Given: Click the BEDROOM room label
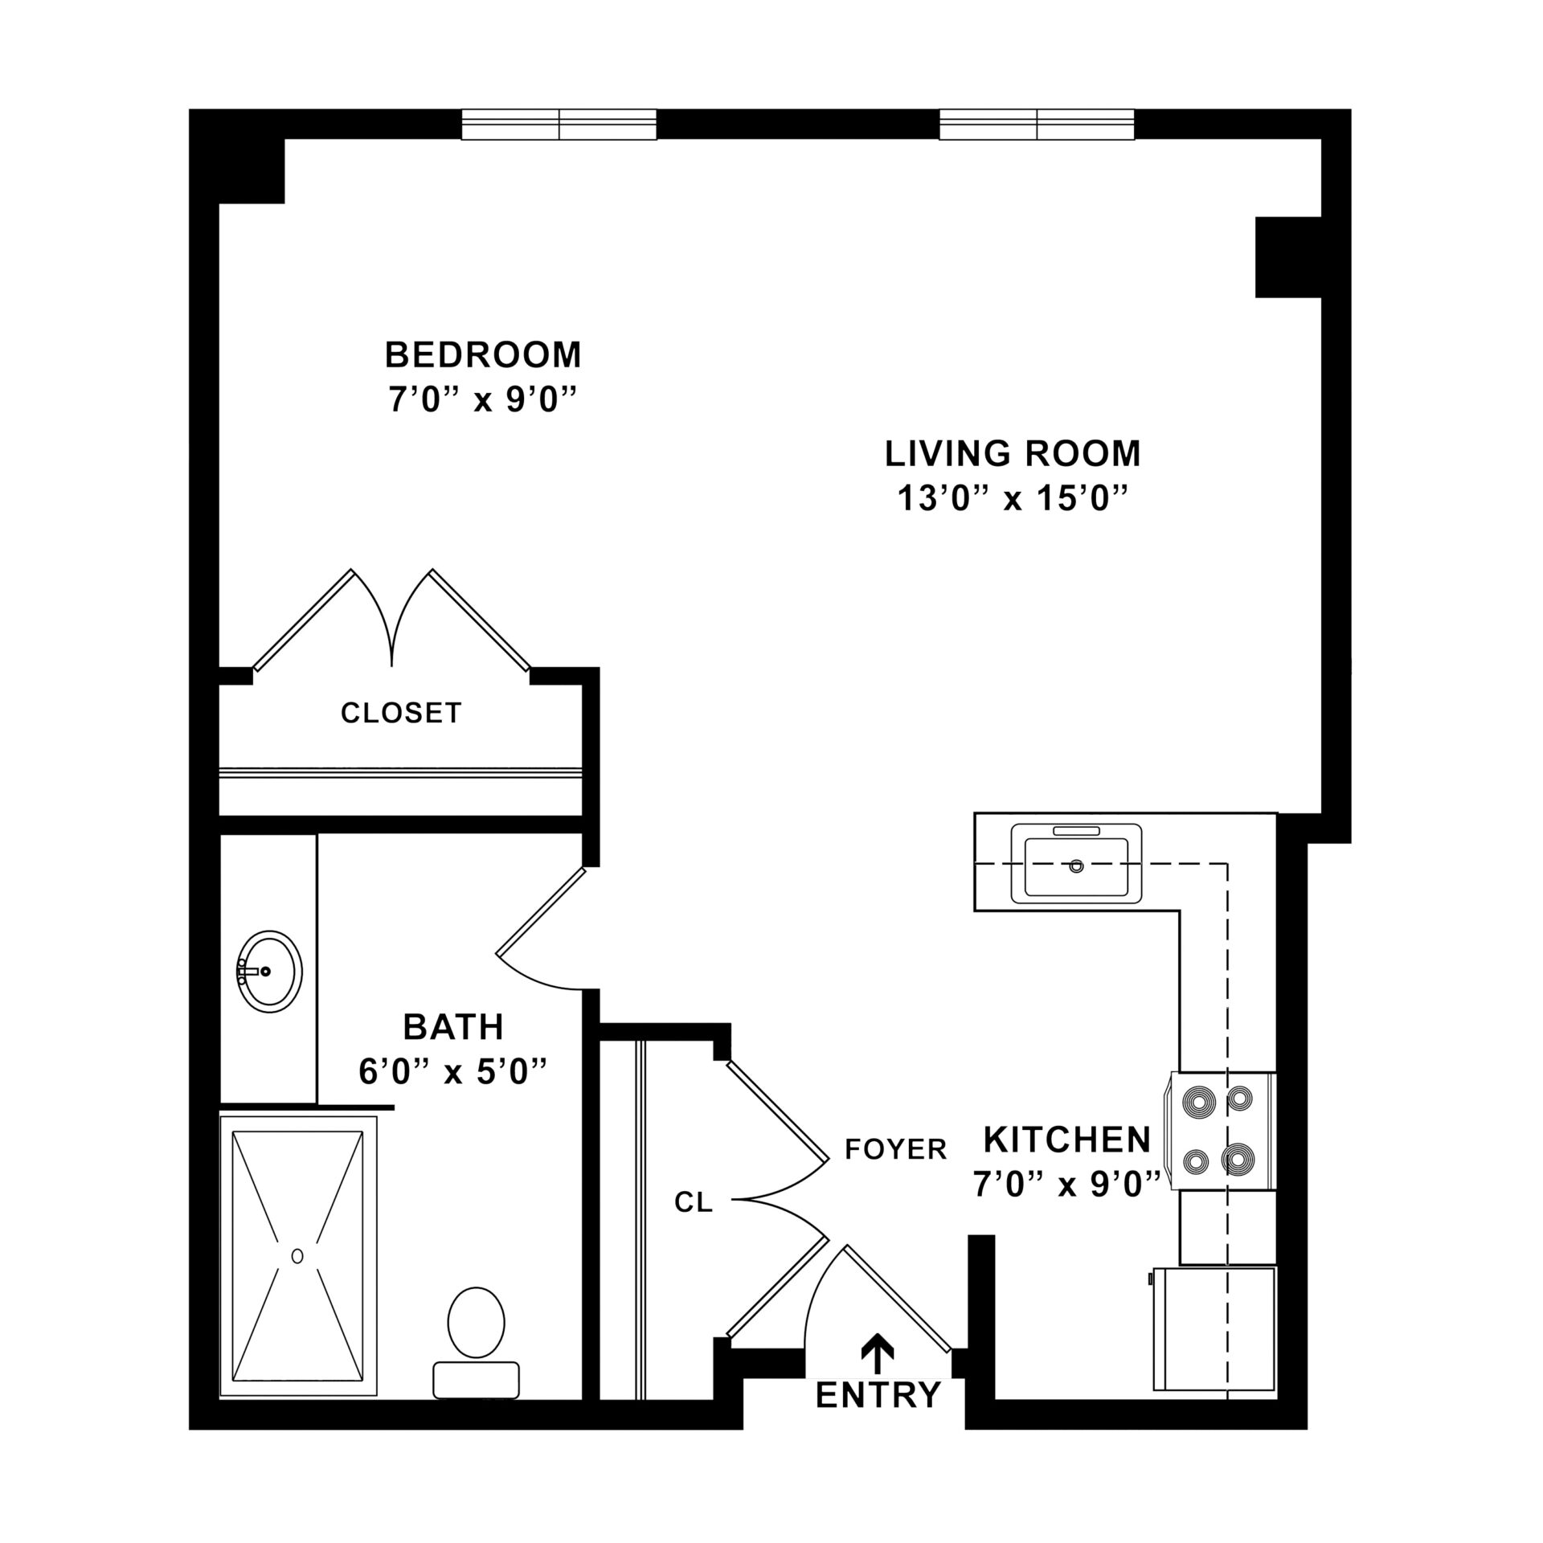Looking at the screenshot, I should pos(483,354).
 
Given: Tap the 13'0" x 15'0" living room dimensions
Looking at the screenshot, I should pos(1012,500).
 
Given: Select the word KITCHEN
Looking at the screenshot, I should pos(1067,1139).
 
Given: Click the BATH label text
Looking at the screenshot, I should pos(453,1027).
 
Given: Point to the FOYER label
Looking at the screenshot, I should pos(896,1149).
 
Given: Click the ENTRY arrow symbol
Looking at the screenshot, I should pos(877,1353).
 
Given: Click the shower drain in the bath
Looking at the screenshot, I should pos(297,1255).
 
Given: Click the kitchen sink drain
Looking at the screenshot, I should pos(1076,866).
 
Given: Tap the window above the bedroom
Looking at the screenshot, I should pos(559,125).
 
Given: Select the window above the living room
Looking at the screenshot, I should pos(1037,125).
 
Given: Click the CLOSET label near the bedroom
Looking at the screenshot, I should pos(401,713).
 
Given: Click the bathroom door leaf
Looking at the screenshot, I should pos(541,912).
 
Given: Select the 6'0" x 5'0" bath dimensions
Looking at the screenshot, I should pos(453,1072).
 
